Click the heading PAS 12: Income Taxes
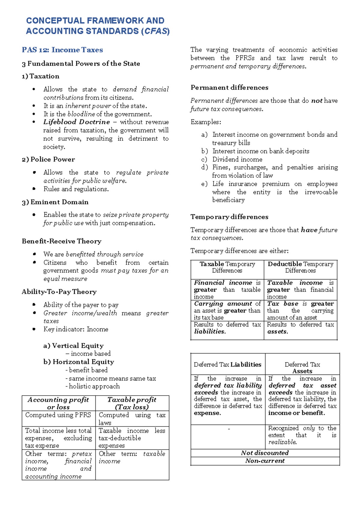pos(62,50)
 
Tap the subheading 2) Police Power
pos(48,159)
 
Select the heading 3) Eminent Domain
pos(55,202)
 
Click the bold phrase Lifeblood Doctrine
pos(76,122)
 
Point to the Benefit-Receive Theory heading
pos(61,241)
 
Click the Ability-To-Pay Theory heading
pos(59,292)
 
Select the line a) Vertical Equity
pos(73,345)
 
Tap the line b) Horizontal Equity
pos(79,362)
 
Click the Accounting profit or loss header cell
pos(58,403)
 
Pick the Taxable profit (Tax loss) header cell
pos(132,403)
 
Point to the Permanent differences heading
pos(229,88)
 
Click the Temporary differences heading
pos(229,217)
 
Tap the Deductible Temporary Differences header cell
pos(300,267)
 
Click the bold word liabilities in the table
pos(210,332)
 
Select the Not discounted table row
pos(265,453)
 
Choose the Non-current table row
pos(265,461)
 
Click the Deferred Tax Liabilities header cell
pos(227,364)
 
